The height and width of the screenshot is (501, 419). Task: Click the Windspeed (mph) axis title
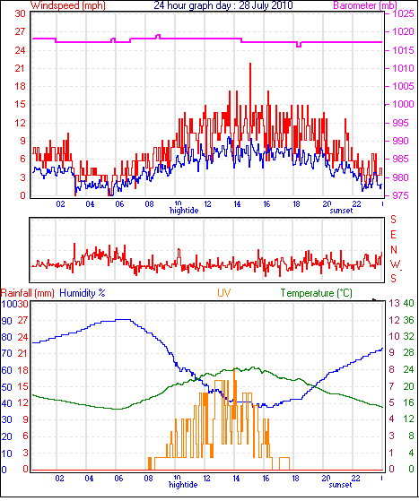68,5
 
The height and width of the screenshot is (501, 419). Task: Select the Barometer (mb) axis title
365,5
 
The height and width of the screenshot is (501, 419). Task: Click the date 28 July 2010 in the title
266,5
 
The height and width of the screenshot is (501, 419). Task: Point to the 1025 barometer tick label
403,13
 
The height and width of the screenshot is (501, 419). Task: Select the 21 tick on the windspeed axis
20,68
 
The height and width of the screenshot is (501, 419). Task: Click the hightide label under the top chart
184,211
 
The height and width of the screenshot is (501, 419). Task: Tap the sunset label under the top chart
341,211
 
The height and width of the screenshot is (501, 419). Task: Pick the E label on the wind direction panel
393,235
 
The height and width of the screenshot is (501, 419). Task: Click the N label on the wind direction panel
394,249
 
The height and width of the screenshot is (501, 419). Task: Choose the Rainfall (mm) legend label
28,293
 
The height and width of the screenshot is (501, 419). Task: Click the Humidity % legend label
83,293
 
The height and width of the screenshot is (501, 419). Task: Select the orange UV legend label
224,293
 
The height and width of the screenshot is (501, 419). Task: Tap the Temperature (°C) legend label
317,293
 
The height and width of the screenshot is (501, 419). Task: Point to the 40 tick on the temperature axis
408,303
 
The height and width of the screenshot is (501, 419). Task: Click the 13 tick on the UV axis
395,303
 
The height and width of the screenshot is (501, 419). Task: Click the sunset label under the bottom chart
340,485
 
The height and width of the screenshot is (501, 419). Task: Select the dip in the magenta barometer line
299,47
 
